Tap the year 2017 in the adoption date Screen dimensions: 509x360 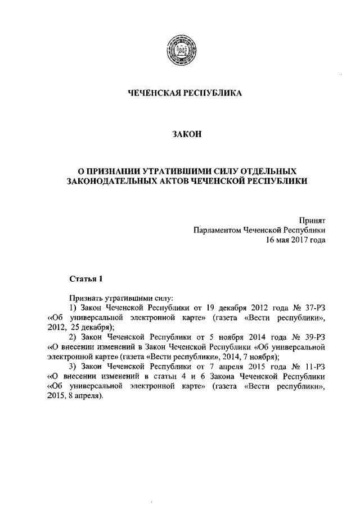point(296,240)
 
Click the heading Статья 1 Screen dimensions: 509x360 point(86,279)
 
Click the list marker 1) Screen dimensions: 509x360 point(73,308)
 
